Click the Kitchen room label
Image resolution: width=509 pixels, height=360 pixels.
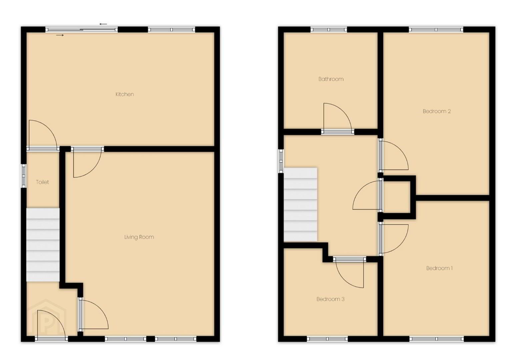pyautogui.click(x=125, y=94)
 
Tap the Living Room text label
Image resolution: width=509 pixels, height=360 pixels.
pyautogui.click(x=139, y=237)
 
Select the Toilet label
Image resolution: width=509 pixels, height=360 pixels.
pyautogui.click(x=42, y=182)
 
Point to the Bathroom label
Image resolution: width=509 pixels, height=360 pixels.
pyautogui.click(x=331, y=79)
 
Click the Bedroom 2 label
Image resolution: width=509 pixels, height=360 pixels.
pyautogui.click(x=437, y=111)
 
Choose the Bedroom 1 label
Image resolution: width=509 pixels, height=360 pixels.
pyautogui.click(x=439, y=268)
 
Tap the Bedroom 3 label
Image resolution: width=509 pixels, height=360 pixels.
pyautogui.click(x=330, y=299)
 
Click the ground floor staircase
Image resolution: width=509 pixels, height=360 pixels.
pyautogui.click(x=43, y=245)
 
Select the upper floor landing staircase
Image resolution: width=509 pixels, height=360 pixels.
pyautogui.click(x=300, y=205)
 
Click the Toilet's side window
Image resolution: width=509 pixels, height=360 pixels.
pyautogui.click(x=24, y=176)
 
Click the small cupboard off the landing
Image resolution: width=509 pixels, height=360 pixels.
pyautogui.click(x=397, y=197)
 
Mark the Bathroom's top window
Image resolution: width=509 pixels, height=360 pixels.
pyautogui.click(x=329, y=30)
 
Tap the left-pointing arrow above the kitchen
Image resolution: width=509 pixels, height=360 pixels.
pyautogui.click(x=103, y=24)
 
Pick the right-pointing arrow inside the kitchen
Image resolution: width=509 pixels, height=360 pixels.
pyautogui.click(x=60, y=35)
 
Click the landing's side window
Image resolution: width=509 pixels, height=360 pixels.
pyautogui.click(x=281, y=161)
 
